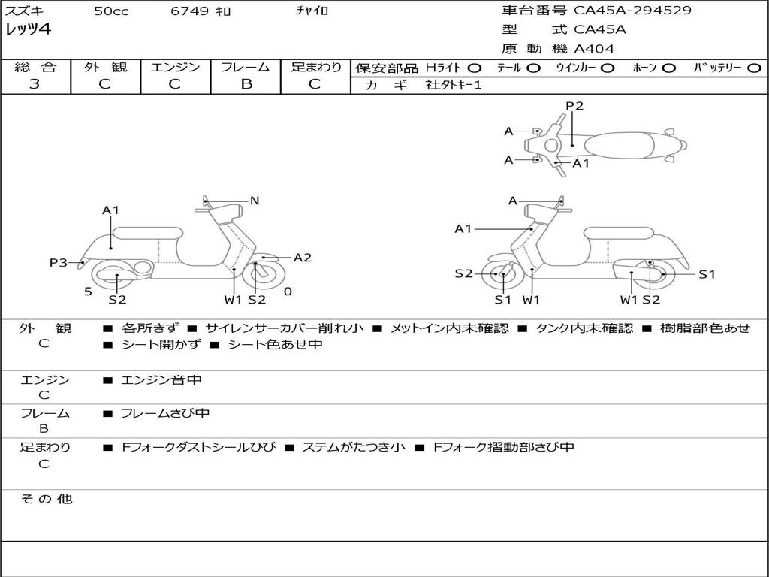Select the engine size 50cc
(x=111, y=11)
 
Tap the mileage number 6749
(x=188, y=11)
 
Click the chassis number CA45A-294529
(x=632, y=11)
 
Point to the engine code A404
(x=594, y=49)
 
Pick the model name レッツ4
(x=29, y=30)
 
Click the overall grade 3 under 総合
(x=35, y=84)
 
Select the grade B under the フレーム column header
(x=246, y=84)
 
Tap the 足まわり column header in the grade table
(x=315, y=68)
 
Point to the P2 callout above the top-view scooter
(x=574, y=106)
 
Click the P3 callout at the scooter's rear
(x=59, y=263)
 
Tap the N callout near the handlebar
(x=255, y=201)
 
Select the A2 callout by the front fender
(x=302, y=258)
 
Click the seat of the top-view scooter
(x=623, y=145)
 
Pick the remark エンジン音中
(x=161, y=380)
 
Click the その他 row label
(x=46, y=499)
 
